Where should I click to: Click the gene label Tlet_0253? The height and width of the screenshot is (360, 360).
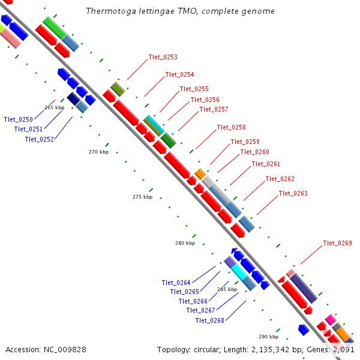pos(163,58)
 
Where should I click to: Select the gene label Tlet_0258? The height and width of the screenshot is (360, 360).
pos(231,127)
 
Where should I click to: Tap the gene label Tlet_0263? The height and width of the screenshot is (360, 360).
pos(293,193)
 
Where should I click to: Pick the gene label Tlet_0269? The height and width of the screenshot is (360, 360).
pos(337,243)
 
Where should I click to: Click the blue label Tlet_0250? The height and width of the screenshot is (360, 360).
pos(18,119)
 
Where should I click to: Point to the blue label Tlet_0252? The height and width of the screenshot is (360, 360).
pos(39,139)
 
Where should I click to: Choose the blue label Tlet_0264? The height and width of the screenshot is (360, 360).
pos(176,283)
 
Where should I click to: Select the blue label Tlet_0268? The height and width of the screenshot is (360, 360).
pos(209,320)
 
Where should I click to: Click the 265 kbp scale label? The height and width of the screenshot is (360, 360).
pos(54,107)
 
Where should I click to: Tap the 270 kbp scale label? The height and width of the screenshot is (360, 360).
pos(98,152)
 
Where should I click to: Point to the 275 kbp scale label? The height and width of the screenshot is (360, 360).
pos(142,197)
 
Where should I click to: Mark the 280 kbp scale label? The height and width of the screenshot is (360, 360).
pos(185,243)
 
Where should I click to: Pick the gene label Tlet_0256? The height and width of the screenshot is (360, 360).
pos(205,100)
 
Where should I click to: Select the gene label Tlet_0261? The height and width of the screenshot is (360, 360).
pos(266,164)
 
